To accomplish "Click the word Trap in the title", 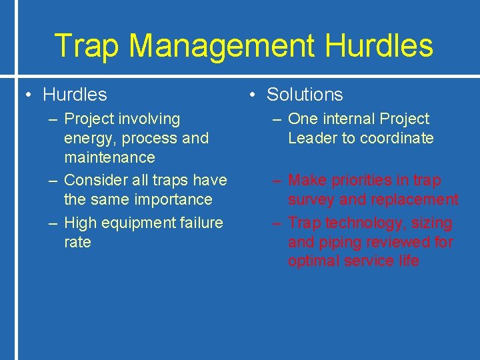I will pos(87,46).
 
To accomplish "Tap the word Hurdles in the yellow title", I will pos(380,46).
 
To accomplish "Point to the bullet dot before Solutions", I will pos(253,95).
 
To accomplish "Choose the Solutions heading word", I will pos(305,95).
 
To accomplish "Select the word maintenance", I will pos(109,157).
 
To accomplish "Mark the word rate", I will pos(77,242).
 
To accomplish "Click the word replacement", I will pos(416,200).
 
